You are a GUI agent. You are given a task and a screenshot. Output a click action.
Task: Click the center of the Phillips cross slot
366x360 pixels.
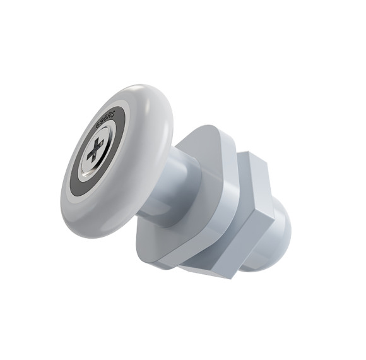95,152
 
